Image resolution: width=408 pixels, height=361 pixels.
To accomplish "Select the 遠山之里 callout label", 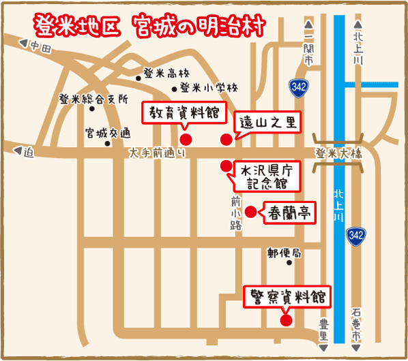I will [x=267, y=123].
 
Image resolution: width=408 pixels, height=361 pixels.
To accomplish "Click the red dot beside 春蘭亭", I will [x=250, y=212].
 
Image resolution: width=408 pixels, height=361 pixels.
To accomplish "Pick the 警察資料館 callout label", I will [x=287, y=298].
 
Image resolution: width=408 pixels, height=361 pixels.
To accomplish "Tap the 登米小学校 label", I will [x=208, y=88].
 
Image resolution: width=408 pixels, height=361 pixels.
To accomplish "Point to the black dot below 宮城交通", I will [x=106, y=143].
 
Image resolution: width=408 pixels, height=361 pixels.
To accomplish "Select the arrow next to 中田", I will [x=25, y=46].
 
